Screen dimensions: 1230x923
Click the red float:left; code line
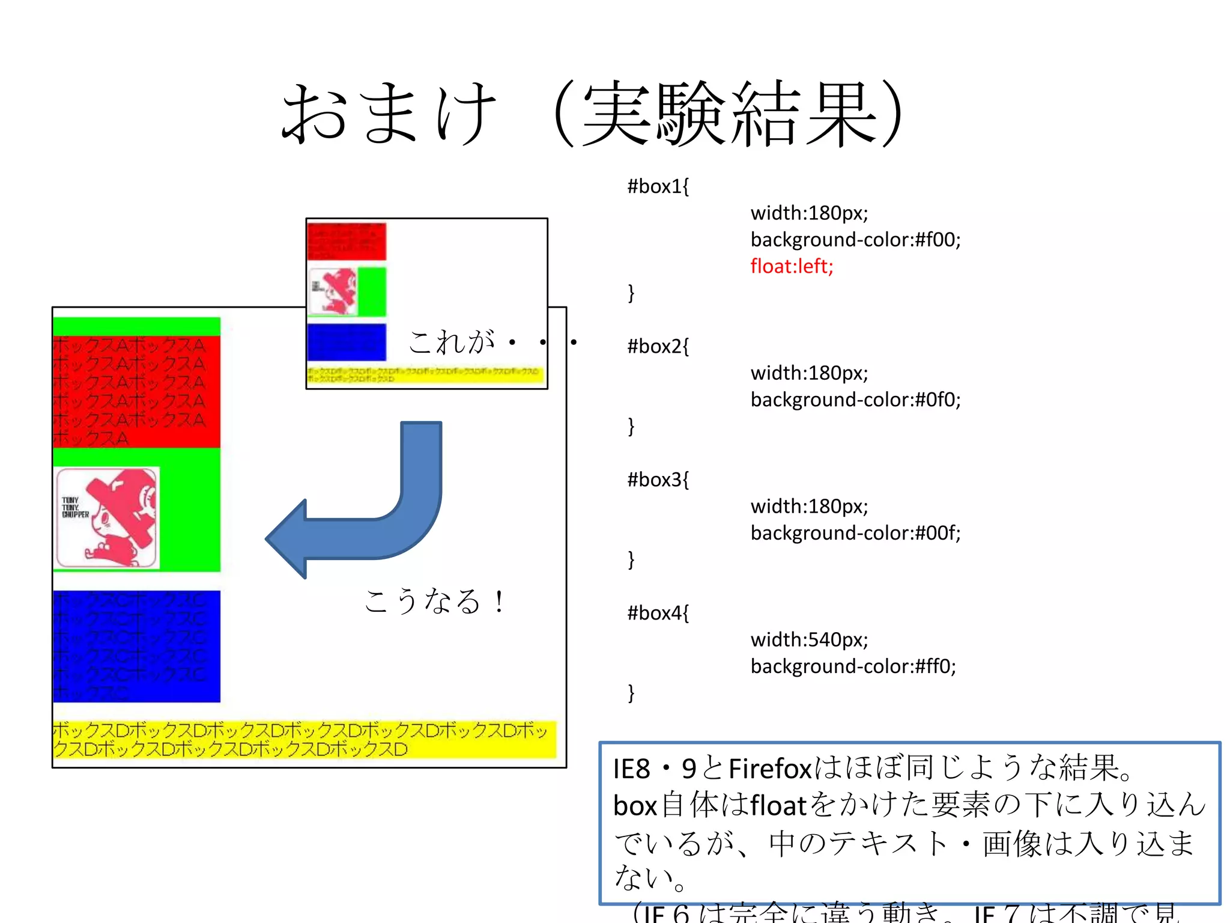click(x=792, y=266)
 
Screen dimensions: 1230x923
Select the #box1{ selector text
click(x=658, y=186)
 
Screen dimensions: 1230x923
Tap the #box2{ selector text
click(x=658, y=346)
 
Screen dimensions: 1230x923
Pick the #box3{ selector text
click(x=658, y=480)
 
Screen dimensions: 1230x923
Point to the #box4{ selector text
click(x=658, y=613)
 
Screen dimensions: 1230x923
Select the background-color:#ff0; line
click(x=853, y=666)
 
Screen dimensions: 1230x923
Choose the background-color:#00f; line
click(x=855, y=533)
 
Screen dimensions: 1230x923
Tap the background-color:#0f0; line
click(x=855, y=400)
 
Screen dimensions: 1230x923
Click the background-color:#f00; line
click(x=855, y=240)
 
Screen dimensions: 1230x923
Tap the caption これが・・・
click(x=492, y=342)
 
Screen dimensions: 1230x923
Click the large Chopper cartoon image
click(x=107, y=518)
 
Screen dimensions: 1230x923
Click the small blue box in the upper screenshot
click(x=346, y=342)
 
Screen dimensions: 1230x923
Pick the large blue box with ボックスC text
click(x=136, y=646)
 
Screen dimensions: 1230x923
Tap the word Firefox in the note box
click(x=770, y=769)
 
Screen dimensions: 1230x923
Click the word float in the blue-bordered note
click(x=778, y=806)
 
